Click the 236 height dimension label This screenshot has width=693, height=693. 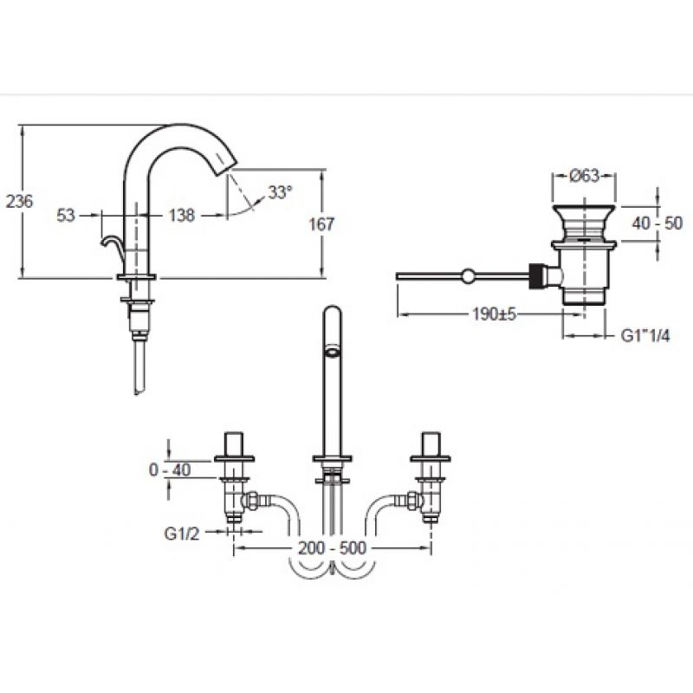(19, 202)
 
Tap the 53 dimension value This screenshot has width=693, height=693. (66, 216)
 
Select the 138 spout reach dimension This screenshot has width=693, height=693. (182, 216)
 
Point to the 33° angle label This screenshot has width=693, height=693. (280, 192)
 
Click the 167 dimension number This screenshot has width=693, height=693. (321, 224)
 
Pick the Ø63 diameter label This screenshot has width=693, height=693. (584, 176)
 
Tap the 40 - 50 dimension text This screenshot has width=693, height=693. (657, 223)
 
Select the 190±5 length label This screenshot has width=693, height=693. (494, 314)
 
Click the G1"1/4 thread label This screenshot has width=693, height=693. (645, 336)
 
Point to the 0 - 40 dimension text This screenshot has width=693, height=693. (170, 470)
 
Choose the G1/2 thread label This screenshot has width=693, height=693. (182, 534)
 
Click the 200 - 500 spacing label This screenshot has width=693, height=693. (333, 548)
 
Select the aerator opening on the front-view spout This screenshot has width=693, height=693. (333, 353)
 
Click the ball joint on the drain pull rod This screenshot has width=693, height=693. (468, 276)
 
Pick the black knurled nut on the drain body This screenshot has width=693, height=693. (536, 276)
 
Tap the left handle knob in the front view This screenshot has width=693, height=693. (234, 444)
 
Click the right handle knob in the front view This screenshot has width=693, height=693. (431, 444)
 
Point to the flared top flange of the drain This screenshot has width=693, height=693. (584, 210)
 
